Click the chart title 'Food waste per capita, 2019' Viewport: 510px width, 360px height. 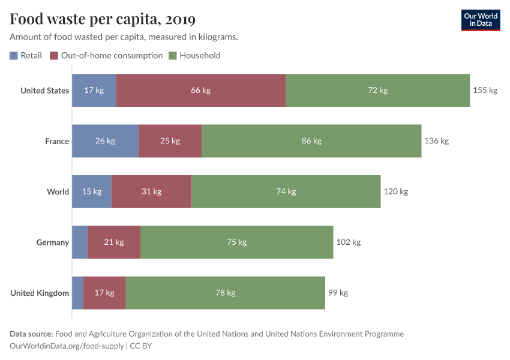[103, 19]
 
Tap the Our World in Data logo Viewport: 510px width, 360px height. [480, 20]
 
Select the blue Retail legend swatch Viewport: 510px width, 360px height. [14, 56]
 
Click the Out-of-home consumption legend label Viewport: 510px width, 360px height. [112, 55]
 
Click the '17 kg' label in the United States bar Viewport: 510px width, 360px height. [94, 91]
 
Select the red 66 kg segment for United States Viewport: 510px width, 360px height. [200, 91]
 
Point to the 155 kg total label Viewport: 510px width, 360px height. [485, 91]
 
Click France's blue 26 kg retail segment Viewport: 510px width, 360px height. [105, 141]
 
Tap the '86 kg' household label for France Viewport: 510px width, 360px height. [311, 141]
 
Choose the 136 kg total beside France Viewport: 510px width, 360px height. [436, 141]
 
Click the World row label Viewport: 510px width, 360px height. [58, 192]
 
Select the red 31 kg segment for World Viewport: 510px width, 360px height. [151, 192]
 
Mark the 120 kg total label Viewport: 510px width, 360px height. [395, 192]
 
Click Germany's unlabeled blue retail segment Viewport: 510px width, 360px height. [80, 242]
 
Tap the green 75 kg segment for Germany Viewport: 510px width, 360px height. [237, 242]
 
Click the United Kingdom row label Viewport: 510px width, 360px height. [40, 293]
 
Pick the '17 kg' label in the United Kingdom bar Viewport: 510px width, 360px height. [104, 293]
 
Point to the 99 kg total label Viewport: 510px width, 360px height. [338, 293]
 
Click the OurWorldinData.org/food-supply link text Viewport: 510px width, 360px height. [67, 346]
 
